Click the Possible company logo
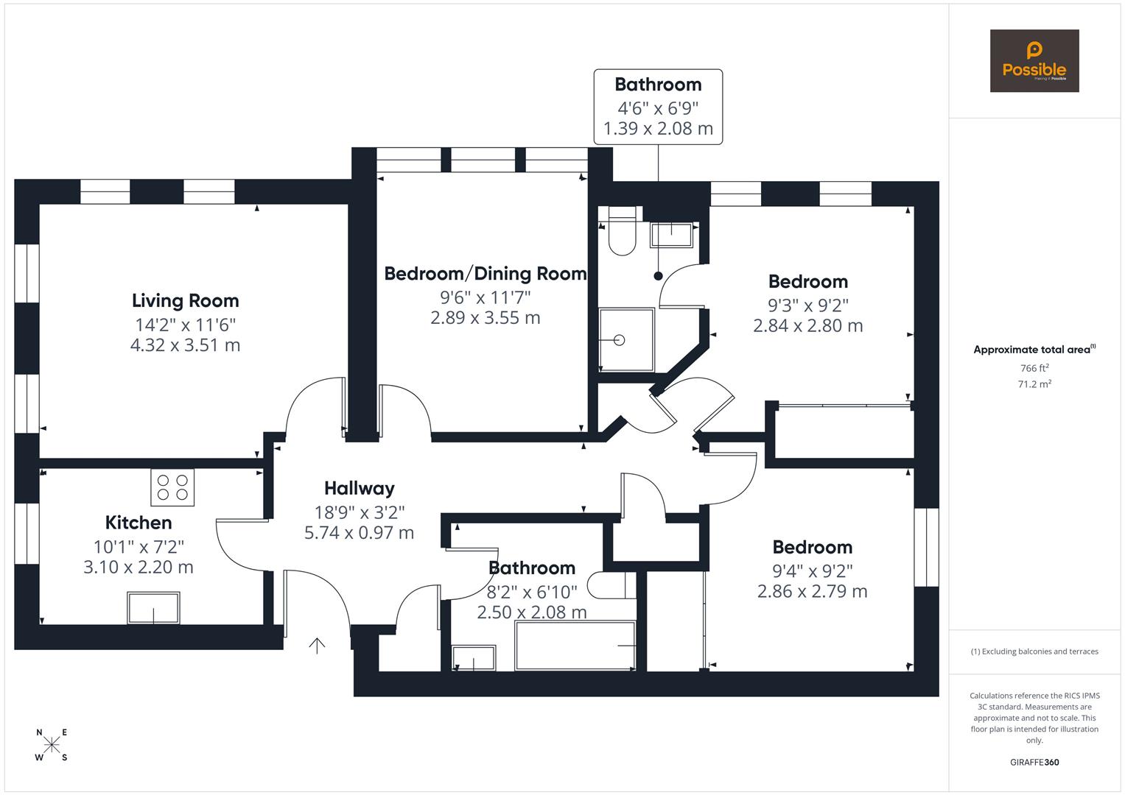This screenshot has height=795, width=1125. [1034, 61]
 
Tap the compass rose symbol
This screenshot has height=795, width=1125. [52, 745]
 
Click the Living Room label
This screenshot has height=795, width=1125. [185, 300]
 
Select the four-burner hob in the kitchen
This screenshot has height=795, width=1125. [172, 487]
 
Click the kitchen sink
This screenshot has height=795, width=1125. [153, 608]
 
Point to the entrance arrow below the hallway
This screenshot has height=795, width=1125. [317, 646]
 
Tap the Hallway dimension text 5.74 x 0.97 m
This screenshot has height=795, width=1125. [359, 532]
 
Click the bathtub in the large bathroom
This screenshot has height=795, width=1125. [575, 646]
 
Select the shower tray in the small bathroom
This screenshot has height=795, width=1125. [625, 339]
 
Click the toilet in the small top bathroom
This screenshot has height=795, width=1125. [622, 232]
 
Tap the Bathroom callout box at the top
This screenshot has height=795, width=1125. [658, 107]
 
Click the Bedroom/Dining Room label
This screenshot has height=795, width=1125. [486, 274]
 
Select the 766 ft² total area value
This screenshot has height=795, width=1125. [1034, 368]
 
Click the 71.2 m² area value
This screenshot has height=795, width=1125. [1034, 384]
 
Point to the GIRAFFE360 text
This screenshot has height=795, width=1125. [1034, 762]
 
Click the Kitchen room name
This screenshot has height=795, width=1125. [139, 523]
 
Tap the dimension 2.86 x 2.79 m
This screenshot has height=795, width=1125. [812, 591]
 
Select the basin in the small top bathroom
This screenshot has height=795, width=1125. [671, 235]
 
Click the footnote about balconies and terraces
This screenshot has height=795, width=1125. [1034, 651]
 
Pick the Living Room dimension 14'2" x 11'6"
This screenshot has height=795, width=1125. [185, 325]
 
